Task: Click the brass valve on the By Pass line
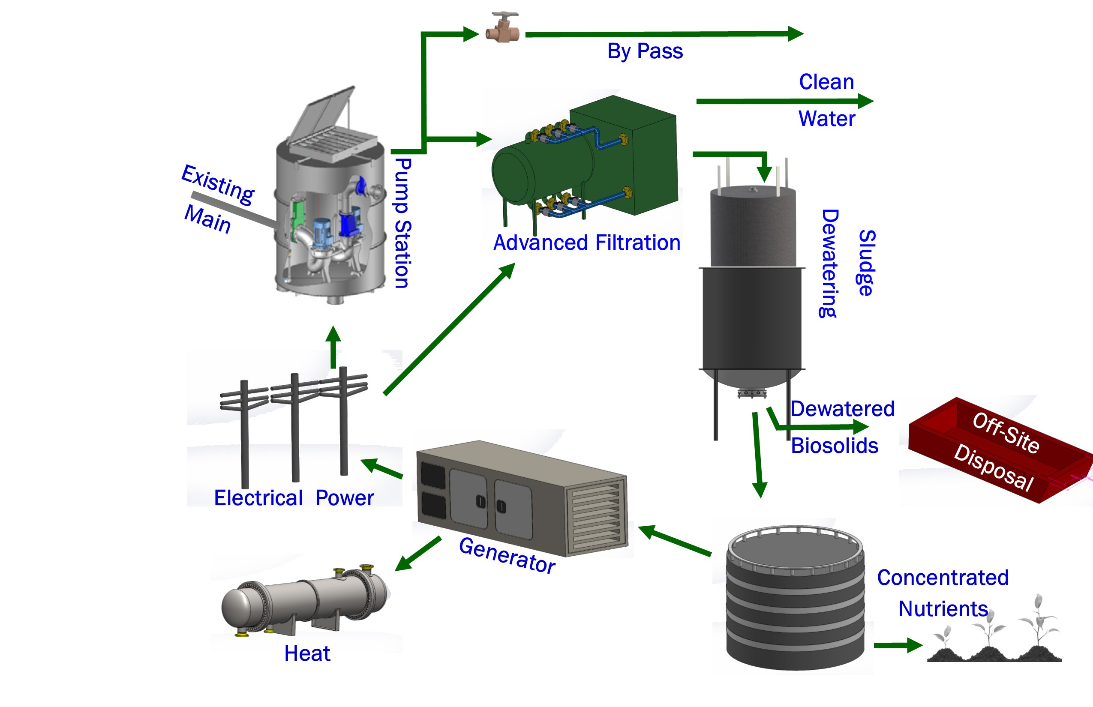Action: [x=503, y=30]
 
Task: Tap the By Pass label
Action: [x=645, y=51]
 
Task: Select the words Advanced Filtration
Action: [x=586, y=243]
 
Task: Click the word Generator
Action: [x=507, y=555]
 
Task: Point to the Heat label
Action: [x=307, y=653]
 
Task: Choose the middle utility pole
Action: [x=295, y=427]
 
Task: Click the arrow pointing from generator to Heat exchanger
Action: [x=417, y=554]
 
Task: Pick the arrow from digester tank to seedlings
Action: [x=898, y=645]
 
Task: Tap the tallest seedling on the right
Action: [x=1039, y=624]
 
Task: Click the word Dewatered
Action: [x=842, y=409]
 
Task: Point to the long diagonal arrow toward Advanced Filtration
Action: [x=449, y=329]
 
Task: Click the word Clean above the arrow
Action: [x=826, y=82]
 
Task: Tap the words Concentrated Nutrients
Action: [x=943, y=593]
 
